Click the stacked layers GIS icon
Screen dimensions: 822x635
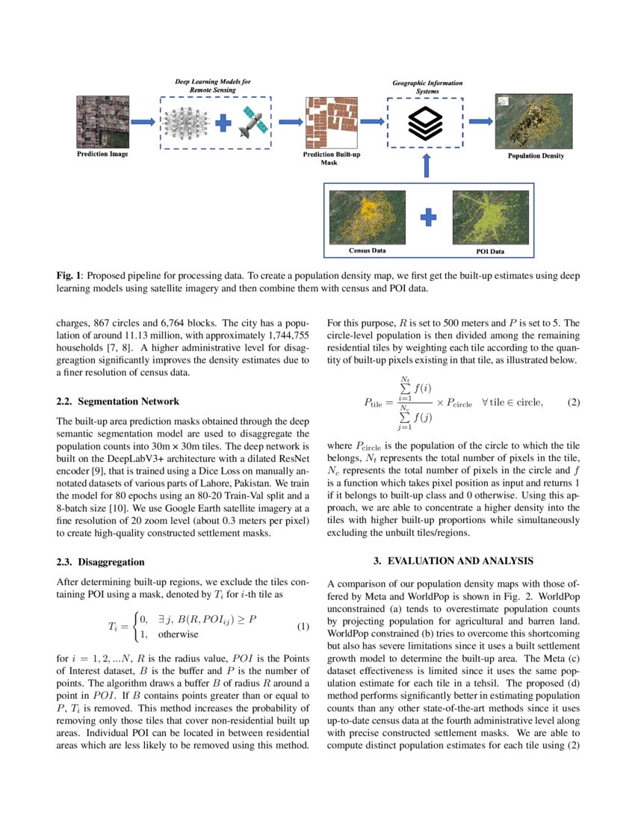425,123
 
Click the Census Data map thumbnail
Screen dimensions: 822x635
367,217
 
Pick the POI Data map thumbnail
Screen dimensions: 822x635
490,217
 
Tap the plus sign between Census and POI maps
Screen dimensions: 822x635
428,217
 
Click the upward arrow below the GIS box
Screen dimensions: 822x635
426,166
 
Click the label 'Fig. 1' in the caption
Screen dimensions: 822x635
69,276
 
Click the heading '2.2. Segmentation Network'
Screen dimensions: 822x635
117,401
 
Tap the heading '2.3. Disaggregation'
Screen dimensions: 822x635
100,561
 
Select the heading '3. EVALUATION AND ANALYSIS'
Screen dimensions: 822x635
453,561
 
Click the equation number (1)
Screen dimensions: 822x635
303,626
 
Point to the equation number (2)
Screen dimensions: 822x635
573,403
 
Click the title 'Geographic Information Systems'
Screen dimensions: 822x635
427,87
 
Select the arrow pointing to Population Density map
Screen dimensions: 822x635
480,122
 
